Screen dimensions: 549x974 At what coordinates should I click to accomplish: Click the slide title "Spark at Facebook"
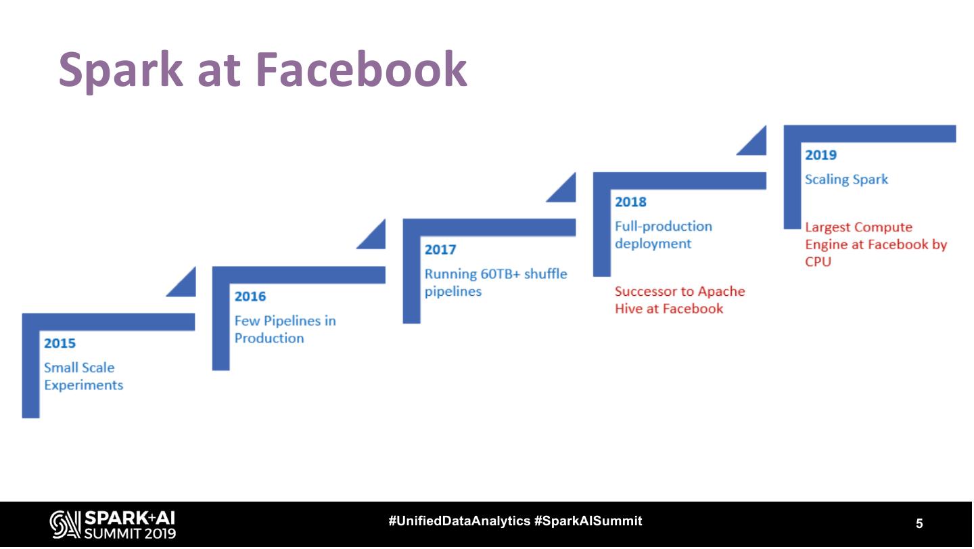262,70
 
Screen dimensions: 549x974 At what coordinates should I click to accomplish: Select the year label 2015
60,343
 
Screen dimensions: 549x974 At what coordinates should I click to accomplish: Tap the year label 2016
250,297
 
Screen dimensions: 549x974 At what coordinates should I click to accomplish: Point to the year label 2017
440,250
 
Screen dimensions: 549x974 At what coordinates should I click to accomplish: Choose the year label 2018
630,202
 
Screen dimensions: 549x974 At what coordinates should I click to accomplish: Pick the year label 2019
820,155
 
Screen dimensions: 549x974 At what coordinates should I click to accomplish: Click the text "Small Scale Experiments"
83,376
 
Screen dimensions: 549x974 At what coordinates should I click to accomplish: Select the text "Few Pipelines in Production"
285,329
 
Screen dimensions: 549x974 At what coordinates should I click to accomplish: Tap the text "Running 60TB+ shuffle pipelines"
495,282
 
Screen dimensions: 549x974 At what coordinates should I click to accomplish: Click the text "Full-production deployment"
663,235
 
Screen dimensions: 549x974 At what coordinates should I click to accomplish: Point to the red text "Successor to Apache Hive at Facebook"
679,300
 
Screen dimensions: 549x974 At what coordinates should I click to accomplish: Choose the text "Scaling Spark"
846,179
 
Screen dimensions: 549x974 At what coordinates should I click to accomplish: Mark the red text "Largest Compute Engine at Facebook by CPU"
875,244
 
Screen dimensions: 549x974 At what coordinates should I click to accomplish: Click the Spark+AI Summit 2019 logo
112,525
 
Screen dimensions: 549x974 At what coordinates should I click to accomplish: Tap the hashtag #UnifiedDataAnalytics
459,521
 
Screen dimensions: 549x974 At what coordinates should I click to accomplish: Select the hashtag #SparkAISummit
588,521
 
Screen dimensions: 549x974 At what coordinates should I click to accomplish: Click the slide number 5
919,523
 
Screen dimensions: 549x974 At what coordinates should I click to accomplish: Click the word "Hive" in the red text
629,309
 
